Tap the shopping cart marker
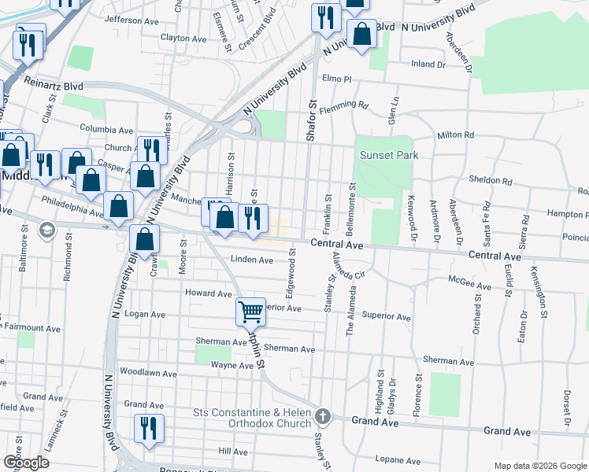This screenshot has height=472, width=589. pyautogui.click(x=250, y=312)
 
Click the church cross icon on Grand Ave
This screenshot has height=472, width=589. pyautogui.click(x=322, y=415)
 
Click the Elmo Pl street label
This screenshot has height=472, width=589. pyautogui.click(x=336, y=79)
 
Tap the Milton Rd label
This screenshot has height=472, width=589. pyautogui.click(x=456, y=135)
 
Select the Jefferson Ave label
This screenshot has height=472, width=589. pyautogui.click(x=131, y=20)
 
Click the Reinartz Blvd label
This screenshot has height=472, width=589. pyautogui.click(x=54, y=82)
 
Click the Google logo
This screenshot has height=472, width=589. pyautogui.click(x=26, y=463)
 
